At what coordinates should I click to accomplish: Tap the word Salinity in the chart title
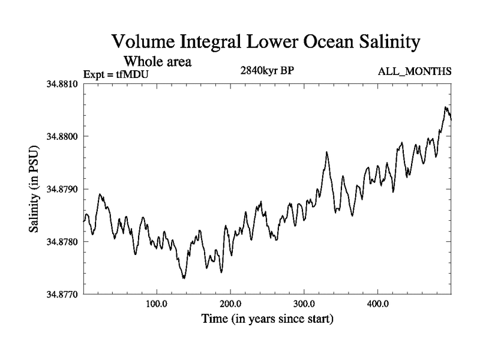coord(382,43)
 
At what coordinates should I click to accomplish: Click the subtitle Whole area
coord(157,61)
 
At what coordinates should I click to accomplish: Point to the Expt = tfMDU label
coord(116,74)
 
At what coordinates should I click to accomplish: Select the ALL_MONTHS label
coord(414,72)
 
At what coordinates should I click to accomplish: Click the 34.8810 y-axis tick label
coord(62,84)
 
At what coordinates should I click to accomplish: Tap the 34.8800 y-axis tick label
coord(62,137)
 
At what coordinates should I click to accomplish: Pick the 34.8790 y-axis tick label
coord(62,189)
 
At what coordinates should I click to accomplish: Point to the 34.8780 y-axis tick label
coord(62,242)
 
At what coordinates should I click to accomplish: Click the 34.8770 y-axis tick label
coord(62,294)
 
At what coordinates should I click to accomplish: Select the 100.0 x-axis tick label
coord(157,303)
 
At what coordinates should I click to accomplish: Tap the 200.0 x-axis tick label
coord(230,303)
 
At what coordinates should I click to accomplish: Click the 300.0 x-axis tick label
coord(304,303)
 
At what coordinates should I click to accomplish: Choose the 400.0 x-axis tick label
coord(378,303)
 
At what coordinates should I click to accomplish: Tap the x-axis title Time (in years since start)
coord(267,318)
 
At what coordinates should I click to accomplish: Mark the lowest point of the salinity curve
coord(184,278)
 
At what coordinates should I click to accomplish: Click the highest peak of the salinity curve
coord(445,107)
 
